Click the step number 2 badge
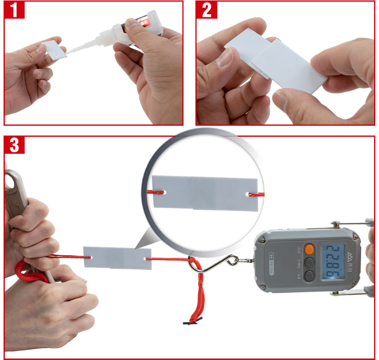pyautogui.click(x=206, y=10)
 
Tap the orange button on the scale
pyautogui.click(x=309, y=250)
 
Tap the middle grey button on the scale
pyautogui.click(x=309, y=262)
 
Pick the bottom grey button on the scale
pyautogui.click(x=309, y=275)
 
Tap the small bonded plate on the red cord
pyautogui.click(x=117, y=257)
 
